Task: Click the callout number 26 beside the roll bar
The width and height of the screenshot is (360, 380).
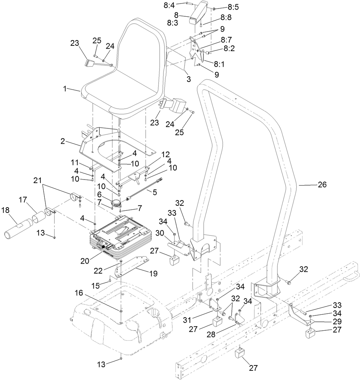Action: click(x=322, y=185)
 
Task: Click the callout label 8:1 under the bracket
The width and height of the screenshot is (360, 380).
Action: click(x=219, y=63)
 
